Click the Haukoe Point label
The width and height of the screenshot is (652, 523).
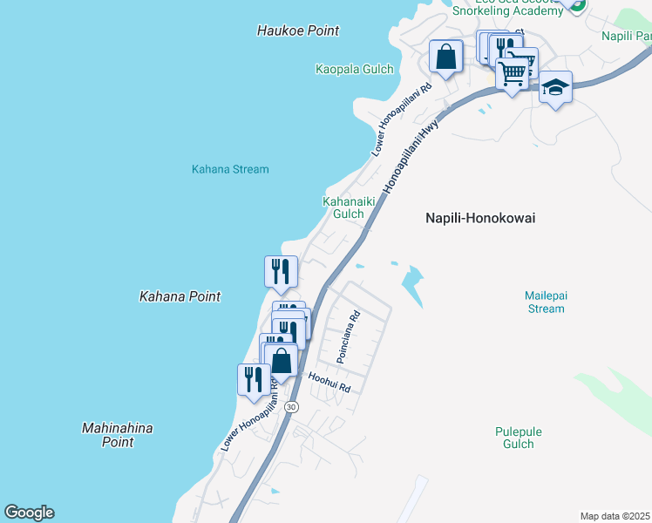[298, 31]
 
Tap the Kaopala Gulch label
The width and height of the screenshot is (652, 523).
[354, 69]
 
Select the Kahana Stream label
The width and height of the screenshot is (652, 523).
[230, 169]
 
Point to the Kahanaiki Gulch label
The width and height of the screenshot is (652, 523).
[343, 207]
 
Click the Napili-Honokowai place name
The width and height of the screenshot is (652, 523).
[479, 219]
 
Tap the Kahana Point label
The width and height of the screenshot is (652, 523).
[180, 296]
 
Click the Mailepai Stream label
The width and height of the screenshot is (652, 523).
[547, 302]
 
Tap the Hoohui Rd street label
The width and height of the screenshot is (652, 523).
[329, 382]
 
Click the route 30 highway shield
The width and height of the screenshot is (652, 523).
[291, 407]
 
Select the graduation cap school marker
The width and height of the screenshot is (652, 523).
[555, 87]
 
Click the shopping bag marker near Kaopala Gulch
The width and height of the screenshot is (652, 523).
[445, 58]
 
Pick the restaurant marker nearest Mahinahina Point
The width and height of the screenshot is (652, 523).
[254, 379]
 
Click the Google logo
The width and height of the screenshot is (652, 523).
[29, 513]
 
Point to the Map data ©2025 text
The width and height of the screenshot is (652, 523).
[615, 516]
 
